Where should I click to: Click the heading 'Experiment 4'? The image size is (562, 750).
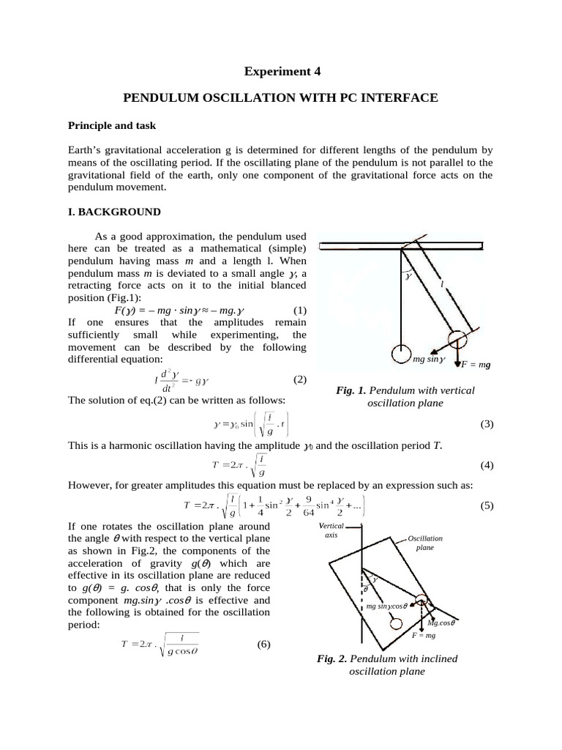pyautogui.click(x=281, y=71)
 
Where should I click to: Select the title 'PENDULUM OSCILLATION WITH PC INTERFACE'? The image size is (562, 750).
pyautogui.click(x=281, y=97)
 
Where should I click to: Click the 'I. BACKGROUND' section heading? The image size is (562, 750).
pyautogui.click(x=113, y=212)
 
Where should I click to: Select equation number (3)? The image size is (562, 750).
pyautogui.click(x=487, y=425)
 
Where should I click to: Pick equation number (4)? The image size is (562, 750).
pyautogui.click(x=487, y=466)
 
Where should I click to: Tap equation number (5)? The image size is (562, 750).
pyautogui.click(x=487, y=506)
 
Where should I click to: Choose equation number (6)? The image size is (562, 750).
pyautogui.click(x=264, y=645)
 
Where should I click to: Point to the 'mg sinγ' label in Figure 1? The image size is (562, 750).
pyautogui.click(x=429, y=359)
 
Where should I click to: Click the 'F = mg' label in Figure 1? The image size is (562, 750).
pyautogui.click(x=475, y=364)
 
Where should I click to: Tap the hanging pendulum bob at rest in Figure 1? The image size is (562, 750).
pyautogui.click(x=401, y=353)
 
